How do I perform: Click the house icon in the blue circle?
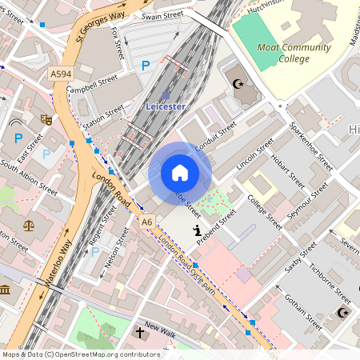(x=180, y=173)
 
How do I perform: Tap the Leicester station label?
(x=166, y=106)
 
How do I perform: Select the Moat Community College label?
(x=294, y=53)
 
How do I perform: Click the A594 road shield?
(x=60, y=74)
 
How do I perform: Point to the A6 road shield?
(x=146, y=222)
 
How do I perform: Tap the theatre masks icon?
(x=46, y=119)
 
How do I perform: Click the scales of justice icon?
(x=30, y=226)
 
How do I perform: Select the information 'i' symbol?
(x=197, y=230)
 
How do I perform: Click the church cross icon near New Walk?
(x=139, y=330)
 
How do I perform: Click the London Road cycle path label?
(x=186, y=263)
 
